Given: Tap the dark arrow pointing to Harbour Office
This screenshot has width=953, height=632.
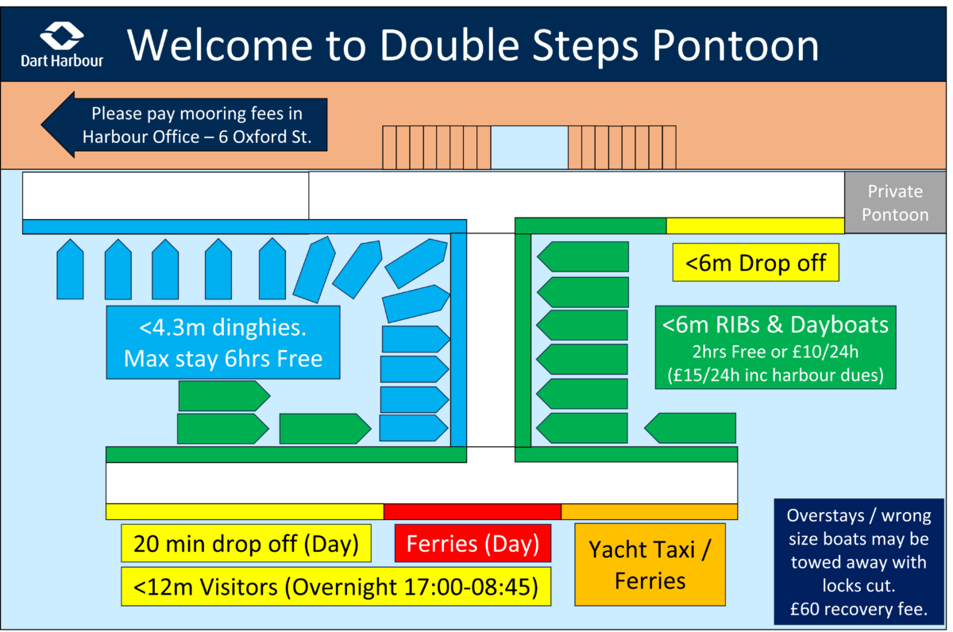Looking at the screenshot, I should [x=183, y=125].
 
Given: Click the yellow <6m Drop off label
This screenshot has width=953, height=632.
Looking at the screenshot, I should [x=755, y=262].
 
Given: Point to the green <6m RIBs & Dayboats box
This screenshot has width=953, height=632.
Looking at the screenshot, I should [x=775, y=347].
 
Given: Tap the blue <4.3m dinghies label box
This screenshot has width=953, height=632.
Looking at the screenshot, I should [x=223, y=342].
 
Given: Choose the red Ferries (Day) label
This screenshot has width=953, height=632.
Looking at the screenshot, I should [x=473, y=545].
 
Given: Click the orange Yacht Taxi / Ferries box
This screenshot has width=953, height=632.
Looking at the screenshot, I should [x=650, y=565].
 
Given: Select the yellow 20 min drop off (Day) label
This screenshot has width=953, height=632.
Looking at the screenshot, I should [x=246, y=545].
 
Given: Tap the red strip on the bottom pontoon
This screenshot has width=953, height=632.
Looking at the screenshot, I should [x=472, y=511].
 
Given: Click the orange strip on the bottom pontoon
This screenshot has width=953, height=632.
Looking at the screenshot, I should [x=649, y=511].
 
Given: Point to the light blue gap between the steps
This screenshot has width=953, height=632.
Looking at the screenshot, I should [x=529, y=147].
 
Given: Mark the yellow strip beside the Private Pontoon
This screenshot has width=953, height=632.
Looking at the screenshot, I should [x=754, y=225].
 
